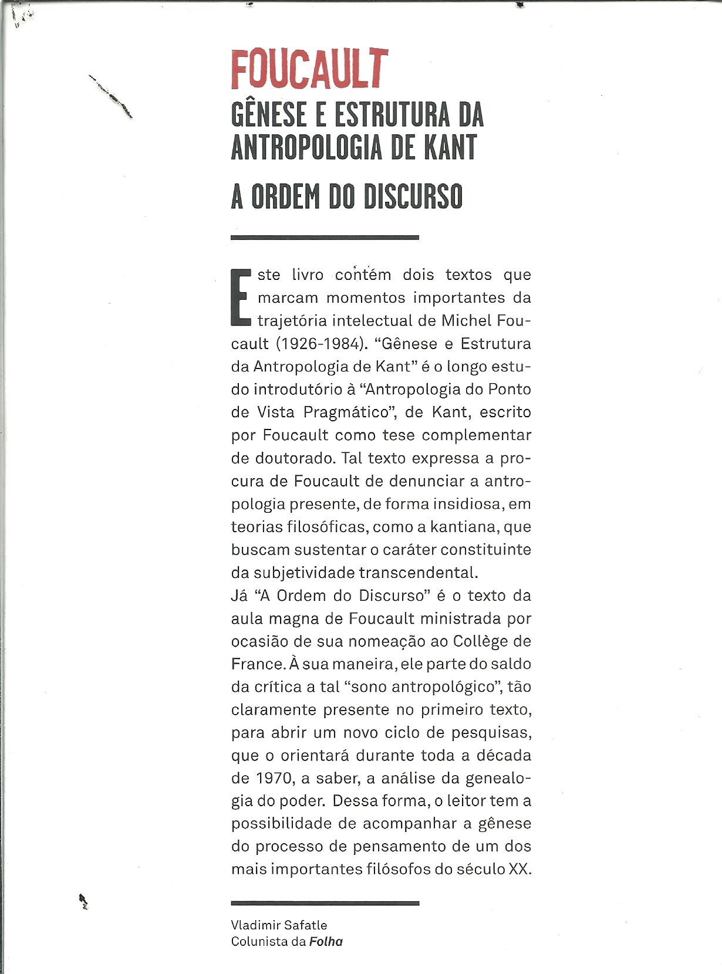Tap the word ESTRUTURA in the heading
point(392,114)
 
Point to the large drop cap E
point(241,297)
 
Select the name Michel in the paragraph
point(466,320)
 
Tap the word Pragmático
point(347,412)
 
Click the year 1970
point(274,778)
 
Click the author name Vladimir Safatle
point(279,925)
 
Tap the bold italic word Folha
point(326,942)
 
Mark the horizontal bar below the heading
point(325,238)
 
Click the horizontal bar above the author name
point(325,903)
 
